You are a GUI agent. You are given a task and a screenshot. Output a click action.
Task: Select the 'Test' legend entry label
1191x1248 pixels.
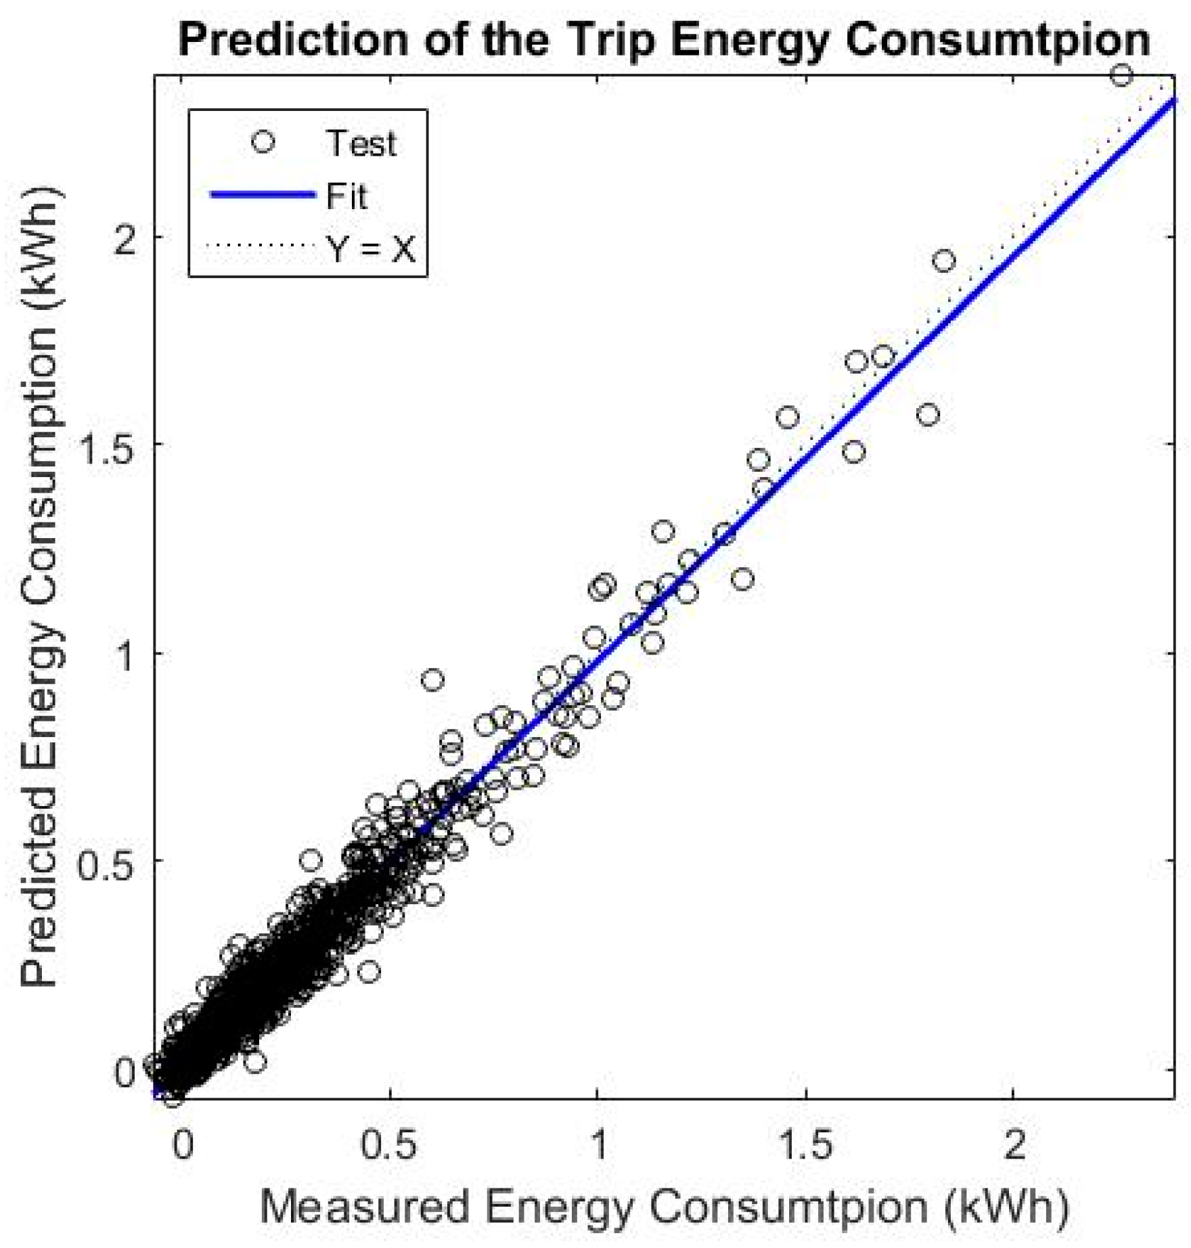click(361, 143)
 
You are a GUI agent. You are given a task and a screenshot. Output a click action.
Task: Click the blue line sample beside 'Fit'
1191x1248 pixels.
click(263, 196)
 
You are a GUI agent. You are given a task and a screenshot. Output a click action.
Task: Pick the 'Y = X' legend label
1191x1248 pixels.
click(371, 249)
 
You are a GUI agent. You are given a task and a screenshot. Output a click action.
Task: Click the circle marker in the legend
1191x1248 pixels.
click(263, 142)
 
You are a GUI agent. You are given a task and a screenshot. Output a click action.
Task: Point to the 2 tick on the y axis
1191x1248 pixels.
click(125, 239)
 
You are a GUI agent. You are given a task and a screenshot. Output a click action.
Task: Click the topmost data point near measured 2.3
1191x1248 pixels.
click(1121, 75)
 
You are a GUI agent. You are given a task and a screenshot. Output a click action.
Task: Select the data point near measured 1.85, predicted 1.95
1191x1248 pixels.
click(944, 261)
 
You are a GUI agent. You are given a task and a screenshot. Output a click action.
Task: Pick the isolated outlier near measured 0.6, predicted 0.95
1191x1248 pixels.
click(432, 680)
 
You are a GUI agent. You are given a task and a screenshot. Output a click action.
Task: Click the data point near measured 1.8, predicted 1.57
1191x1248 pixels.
click(928, 415)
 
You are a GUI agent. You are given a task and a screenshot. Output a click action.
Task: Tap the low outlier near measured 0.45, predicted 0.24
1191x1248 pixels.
click(369, 972)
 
